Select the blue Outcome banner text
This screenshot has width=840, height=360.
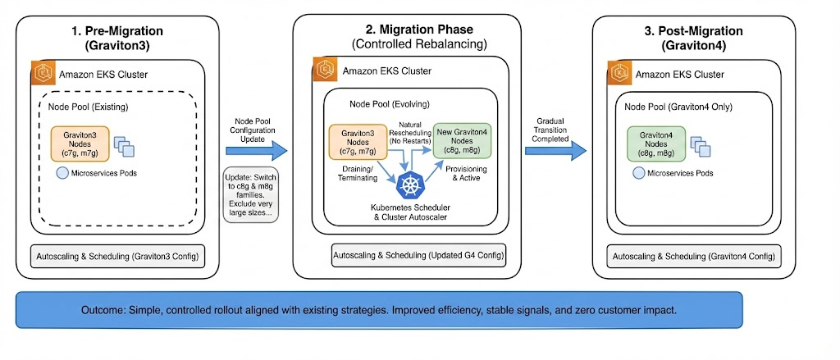coord(379,312)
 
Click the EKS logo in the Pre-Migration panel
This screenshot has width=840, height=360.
coord(43,71)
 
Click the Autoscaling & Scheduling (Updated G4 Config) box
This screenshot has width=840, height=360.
coord(418,255)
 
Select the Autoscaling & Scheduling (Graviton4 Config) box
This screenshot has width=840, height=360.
coord(693,257)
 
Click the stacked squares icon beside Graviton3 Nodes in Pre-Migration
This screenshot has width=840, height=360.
coord(121,146)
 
